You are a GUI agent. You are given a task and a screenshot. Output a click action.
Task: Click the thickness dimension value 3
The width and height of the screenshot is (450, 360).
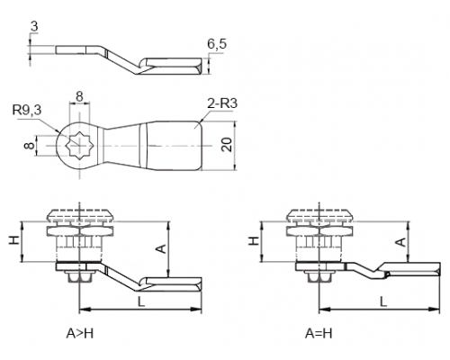click(34, 27)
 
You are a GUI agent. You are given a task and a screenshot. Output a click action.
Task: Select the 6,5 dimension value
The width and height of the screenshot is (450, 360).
click(217, 44)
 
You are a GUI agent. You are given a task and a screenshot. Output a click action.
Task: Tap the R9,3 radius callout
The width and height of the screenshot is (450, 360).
click(27, 110)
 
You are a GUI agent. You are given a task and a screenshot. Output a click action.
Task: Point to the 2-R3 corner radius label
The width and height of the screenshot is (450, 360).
click(222, 103)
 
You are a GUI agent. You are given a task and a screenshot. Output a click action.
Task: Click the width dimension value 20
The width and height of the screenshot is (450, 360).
click(227, 145)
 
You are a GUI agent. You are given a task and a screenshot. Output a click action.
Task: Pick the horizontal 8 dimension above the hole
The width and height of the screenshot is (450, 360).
click(79, 96)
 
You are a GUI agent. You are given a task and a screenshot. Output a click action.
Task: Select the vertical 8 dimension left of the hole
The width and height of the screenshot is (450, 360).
click(29, 146)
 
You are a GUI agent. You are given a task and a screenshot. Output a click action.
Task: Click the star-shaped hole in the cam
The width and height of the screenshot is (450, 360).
click(79, 146)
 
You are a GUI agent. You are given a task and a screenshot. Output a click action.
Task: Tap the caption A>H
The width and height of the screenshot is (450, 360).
click(80, 333)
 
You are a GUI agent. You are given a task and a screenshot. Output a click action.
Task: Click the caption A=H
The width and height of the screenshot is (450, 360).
click(319, 333)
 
